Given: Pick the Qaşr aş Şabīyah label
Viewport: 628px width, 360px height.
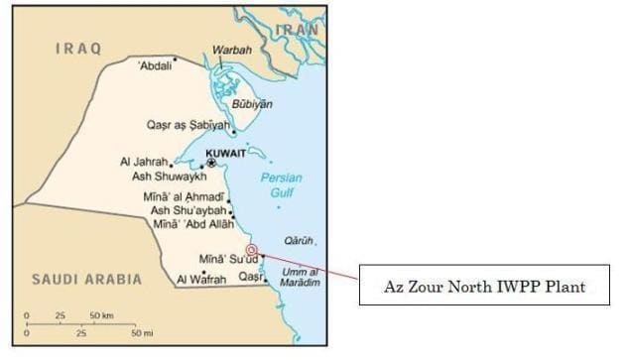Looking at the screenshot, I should [x=186, y=126].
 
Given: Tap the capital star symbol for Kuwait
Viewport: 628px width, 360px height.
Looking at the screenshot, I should [x=210, y=163].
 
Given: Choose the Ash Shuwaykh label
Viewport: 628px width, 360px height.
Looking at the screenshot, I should [x=169, y=177].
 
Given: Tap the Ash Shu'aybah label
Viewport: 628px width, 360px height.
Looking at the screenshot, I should [x=188, y=210].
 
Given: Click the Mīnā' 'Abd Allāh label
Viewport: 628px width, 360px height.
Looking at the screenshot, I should [x=189, y=224].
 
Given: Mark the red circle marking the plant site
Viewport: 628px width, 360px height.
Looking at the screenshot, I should [x=252, y=250].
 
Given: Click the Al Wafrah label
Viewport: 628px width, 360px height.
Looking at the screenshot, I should [x=201, y=280].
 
